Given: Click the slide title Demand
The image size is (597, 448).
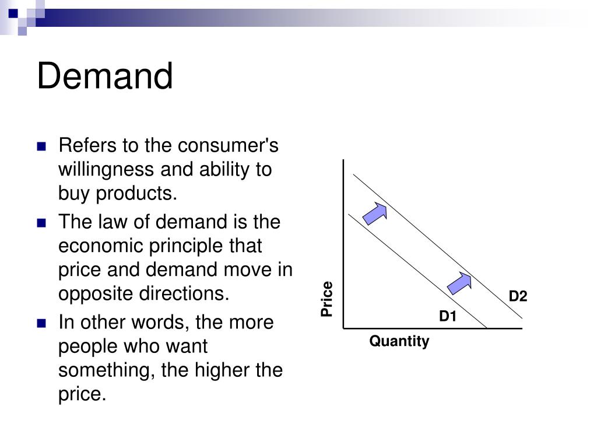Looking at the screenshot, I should pos(105,76).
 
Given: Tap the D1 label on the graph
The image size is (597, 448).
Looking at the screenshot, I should pos(448,317).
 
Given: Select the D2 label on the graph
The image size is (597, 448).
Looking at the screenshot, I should pos(518,297).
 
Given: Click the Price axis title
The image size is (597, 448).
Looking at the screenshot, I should pos(327,299).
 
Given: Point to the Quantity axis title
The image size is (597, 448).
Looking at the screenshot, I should pos(399,341).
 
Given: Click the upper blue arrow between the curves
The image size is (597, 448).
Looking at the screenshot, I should pos(375,213).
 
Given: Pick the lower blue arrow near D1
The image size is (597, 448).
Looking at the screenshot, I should pos(459,283).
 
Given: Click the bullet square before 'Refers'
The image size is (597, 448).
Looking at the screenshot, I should pos(41,146).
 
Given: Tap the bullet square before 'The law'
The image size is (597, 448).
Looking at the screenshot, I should pos(41,223).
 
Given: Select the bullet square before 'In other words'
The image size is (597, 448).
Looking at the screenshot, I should pos(41,323).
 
